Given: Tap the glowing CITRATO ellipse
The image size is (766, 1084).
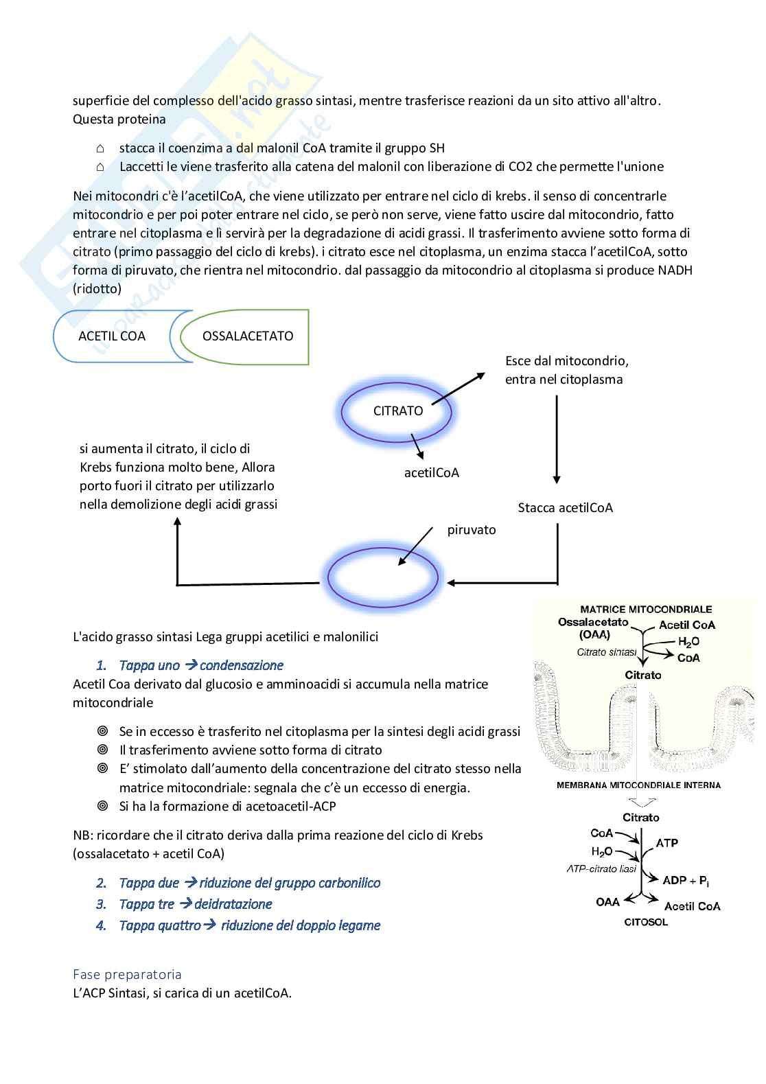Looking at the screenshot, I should pos(397,411).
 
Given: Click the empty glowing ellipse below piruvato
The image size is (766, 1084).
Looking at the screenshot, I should pos(382,577).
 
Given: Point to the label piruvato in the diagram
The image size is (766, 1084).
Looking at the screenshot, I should pos(472,530).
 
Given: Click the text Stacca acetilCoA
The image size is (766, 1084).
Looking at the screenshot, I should pos(565,508).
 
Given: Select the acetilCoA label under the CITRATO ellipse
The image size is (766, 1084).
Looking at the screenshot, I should pos(432,473).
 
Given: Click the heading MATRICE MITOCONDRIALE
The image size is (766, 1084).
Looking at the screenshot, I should pos(646,609).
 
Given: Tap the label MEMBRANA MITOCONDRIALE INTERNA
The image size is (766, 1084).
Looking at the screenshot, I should pos(638,785).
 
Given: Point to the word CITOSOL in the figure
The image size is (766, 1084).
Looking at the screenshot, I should pos(645,922).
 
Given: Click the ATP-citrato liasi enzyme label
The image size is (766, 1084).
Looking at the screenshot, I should pos(601,868).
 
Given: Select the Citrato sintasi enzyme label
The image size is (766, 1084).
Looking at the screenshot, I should pos(606,652).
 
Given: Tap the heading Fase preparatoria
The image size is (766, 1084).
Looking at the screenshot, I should pos(127,974).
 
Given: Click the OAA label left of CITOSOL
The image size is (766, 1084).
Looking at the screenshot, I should pos(607,902).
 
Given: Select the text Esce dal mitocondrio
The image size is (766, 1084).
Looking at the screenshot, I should pos(567,361).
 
